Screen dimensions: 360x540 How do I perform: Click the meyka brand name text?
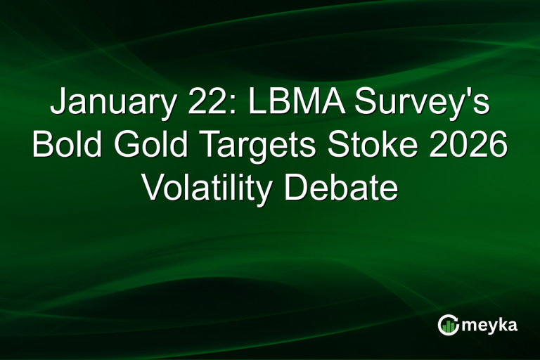pyautogui.click(x=491, y=326)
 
